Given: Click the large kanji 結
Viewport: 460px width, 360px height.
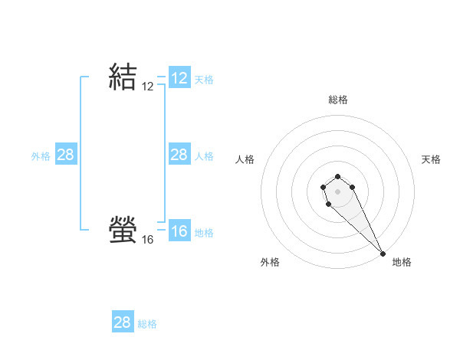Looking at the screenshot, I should pyautogui.click(x=123, y=77).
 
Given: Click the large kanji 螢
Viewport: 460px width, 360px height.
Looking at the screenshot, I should pyautogui.click(x=123, y=229).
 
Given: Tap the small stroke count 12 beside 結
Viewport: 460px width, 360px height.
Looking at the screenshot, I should pyautogui.click(x=148, y=87).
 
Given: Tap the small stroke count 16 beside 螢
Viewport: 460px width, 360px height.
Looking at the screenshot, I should pyautogui.click(x=148, y=240).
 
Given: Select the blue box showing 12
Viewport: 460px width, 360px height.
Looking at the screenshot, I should pyautogui.click(x=179, y=78).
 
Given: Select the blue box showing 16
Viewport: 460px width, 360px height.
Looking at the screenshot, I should pyautogui.click(x=179, y=231).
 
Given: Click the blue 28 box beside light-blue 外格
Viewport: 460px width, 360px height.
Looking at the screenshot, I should pyautogui.click(x=66, y=155).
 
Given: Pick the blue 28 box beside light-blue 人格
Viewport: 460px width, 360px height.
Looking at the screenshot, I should pyautogui.click(x=179, y=155).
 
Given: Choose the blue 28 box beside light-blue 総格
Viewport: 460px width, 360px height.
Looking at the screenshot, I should pyautogui.click(x=123, y=322).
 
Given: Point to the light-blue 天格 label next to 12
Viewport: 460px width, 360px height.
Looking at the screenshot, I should pyautogui.click(x=204, y=80).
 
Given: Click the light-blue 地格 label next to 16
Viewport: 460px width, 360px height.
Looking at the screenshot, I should pyautogui.click(x=204, y=233).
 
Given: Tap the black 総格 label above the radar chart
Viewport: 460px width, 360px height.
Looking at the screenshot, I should pyautogui.click(x=338, y=100).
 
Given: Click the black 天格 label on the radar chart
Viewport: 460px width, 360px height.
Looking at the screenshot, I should pyautogui.click(x=432, y=159).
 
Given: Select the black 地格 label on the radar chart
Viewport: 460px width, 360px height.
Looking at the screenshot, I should pyautogui.click(x=402, y=262).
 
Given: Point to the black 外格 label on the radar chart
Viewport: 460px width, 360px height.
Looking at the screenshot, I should pyautogui.click(x=270, y=262).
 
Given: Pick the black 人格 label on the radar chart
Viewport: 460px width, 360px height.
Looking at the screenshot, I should pyautogui.click(x=245, y=159).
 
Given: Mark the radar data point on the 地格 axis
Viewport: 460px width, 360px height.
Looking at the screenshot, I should pyautogui.click(x=383, y=254).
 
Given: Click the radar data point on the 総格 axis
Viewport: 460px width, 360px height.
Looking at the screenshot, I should pyautogui.click(x=338, y=174).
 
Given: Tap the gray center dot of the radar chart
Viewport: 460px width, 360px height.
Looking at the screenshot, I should pyautogui.click(x=338, y=191).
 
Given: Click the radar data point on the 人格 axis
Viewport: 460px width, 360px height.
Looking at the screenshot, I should pyautogui.click(x=324, y=186).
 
